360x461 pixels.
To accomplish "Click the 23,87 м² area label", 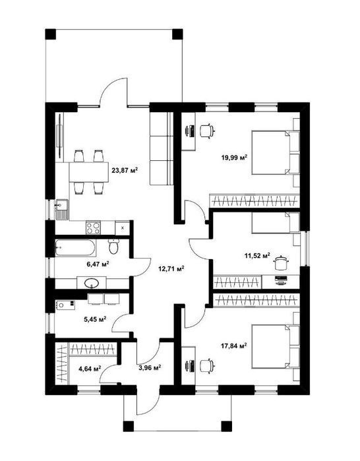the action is pos(125,170).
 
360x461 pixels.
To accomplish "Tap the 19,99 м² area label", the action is pos(234,158).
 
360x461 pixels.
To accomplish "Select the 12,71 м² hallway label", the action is pos(171,268).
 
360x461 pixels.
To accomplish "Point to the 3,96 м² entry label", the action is pos(150,367).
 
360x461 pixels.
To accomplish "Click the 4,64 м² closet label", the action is pos(90,368).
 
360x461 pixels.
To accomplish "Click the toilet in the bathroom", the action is pos(113,246).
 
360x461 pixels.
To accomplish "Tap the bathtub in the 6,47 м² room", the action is pos(75,247).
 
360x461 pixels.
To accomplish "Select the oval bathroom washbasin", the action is pos(92,283).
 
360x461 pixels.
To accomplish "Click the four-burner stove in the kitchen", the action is pos(93,228).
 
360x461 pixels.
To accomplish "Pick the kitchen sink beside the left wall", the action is pos(62,210).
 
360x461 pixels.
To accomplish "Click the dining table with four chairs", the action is pos(89,172).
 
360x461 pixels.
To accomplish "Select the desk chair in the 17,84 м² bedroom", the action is pos(207,366).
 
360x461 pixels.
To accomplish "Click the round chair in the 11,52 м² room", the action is pos(281,262).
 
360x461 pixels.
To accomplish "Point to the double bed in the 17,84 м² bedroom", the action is pos(275,346).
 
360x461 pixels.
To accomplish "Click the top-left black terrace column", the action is pos(51,34).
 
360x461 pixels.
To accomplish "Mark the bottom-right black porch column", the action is pos(226,426).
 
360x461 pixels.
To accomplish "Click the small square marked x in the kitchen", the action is pos(122,228).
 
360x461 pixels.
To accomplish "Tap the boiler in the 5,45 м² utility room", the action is pos(65,305).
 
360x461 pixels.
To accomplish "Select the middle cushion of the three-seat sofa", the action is pos(162,148).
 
